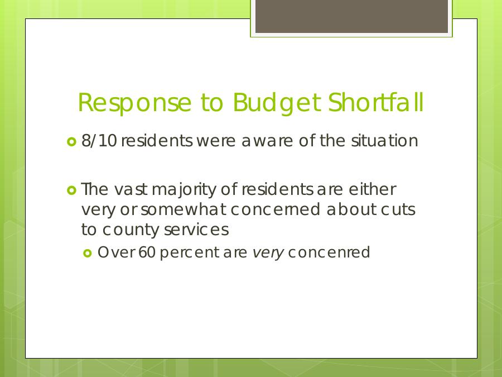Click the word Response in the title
click(x=134, y=103)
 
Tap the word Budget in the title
click(x=277, y=103)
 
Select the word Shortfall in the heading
click(x=376, y=102)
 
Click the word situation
click(x=384, y=141)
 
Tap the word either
click(x=373, y=189)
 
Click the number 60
click(x=147, y=252)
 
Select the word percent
click(x=189, y=253)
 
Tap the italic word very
click(x=268, y=253)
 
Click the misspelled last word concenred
click(x=329, y=252)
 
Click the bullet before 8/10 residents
click(x=72, y=142)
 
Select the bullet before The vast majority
click(x=72, y=190)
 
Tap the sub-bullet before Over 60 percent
click(x=88, y=254)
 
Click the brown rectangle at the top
click(x=351, y=16)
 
